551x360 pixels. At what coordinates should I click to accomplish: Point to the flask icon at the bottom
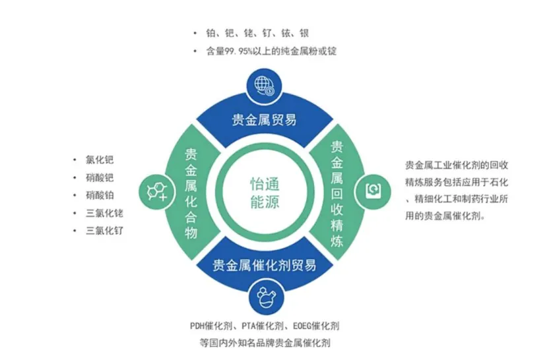click(264, 298)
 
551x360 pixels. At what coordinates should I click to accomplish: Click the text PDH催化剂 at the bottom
click(211, 326)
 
